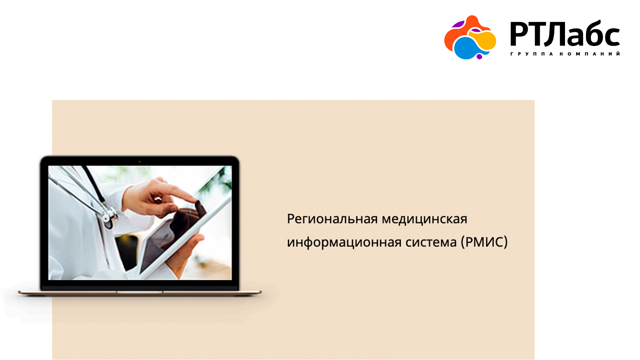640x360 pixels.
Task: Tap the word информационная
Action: pyautogui.click(x=344, y=242)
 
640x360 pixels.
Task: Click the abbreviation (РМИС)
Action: pyautogui.click(x=484, y=242)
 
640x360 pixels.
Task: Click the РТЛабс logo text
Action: pyautogui.click(x=565, y=34)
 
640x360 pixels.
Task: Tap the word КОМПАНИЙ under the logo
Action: pyautogui.click(x=590, y=54)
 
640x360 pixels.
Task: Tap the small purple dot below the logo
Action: pyautogui.click(x=479, y=57)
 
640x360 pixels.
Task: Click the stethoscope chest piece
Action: pyautogui.click(x=109, y=217)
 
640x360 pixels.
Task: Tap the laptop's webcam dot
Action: pyautogui.click(x=140, y=162)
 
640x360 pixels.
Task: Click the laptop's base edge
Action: pyautogui.click(x=140, y=293)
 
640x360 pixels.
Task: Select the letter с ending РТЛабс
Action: pyautogui.click(x=611, y=37)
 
